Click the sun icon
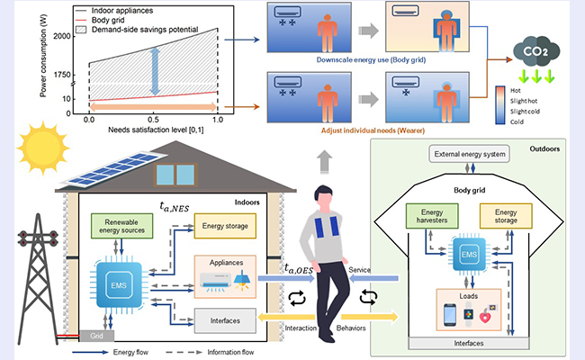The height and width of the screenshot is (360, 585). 40,144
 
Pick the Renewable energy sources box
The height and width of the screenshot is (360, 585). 126,226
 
